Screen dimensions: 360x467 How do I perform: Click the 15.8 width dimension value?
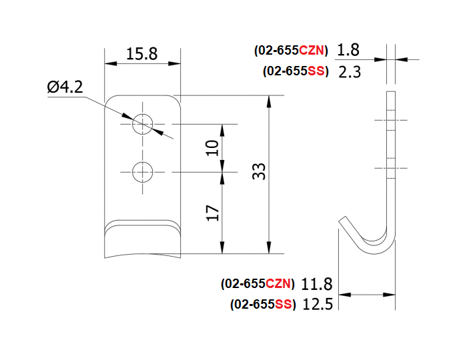click(142, 54)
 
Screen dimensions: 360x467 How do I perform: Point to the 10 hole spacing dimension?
click(213, 147)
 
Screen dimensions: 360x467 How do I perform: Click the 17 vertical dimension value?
click(213, 213)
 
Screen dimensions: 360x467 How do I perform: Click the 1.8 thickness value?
click(348, 50)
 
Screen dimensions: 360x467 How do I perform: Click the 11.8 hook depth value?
click(317, 284)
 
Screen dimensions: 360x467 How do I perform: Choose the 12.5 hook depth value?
click(317, 305)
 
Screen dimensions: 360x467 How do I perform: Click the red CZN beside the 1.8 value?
click(312, 50)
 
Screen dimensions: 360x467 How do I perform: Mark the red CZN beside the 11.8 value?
click(279, 284)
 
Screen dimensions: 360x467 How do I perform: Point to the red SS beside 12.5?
click(284, 305)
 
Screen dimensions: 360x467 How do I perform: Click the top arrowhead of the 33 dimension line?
click(269, 100)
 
